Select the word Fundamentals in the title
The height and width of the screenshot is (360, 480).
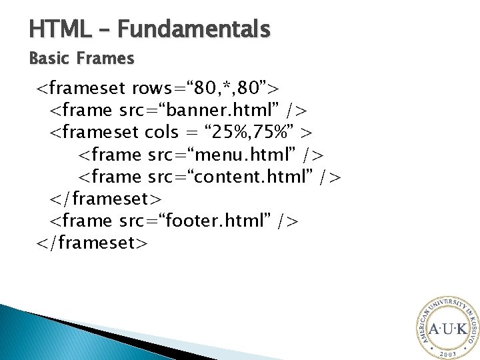click(x=195, y=29)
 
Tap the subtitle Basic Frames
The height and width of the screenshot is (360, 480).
click(x=81, y=59)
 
